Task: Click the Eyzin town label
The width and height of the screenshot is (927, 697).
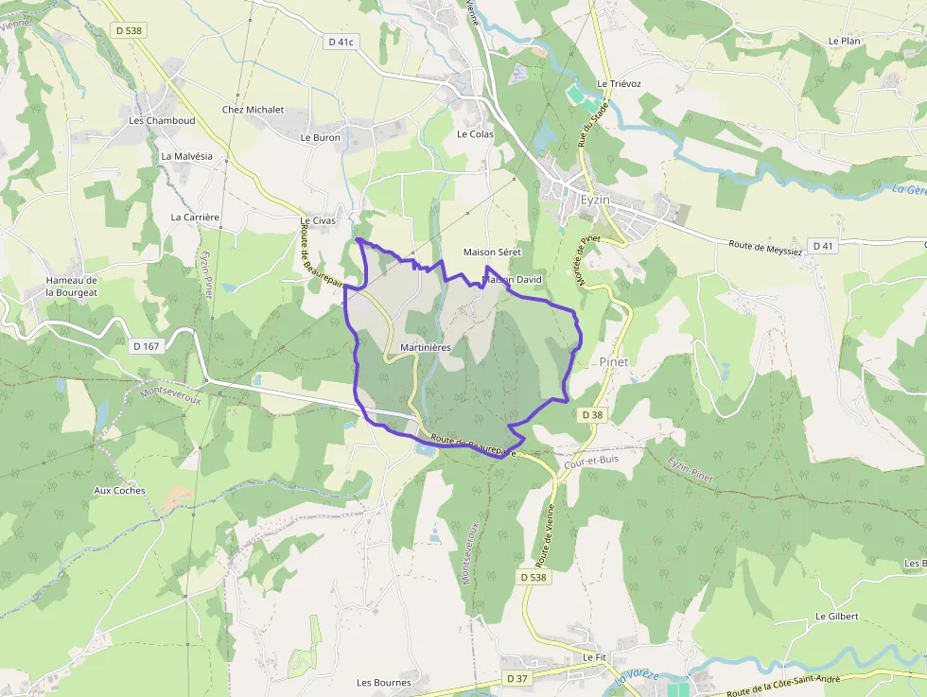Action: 595,200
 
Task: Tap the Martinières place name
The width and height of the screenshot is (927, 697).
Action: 426,348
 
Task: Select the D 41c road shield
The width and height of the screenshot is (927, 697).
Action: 340,42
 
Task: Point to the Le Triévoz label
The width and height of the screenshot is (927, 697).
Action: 620,84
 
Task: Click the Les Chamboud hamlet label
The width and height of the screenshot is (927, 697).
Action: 163,121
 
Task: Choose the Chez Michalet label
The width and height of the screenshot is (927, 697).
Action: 253,110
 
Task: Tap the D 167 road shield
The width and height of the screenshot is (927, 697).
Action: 147,346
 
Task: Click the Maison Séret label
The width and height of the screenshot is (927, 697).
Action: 492,253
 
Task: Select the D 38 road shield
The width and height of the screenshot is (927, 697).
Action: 592,415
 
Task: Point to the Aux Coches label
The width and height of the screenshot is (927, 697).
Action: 120,491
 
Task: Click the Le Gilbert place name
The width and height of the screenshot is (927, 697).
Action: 836,617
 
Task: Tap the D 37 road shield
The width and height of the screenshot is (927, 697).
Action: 516,678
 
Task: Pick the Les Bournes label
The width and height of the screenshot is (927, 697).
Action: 384,683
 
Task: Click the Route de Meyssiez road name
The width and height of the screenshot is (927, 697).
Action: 765,248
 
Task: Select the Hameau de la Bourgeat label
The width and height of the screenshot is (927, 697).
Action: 72,287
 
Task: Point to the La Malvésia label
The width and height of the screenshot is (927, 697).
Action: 187,156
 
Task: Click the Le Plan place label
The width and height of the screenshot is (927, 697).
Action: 844,42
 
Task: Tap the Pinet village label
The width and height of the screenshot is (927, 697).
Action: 614,362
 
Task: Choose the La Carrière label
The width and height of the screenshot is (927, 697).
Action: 195,217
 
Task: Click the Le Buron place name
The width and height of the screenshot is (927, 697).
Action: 320,137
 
